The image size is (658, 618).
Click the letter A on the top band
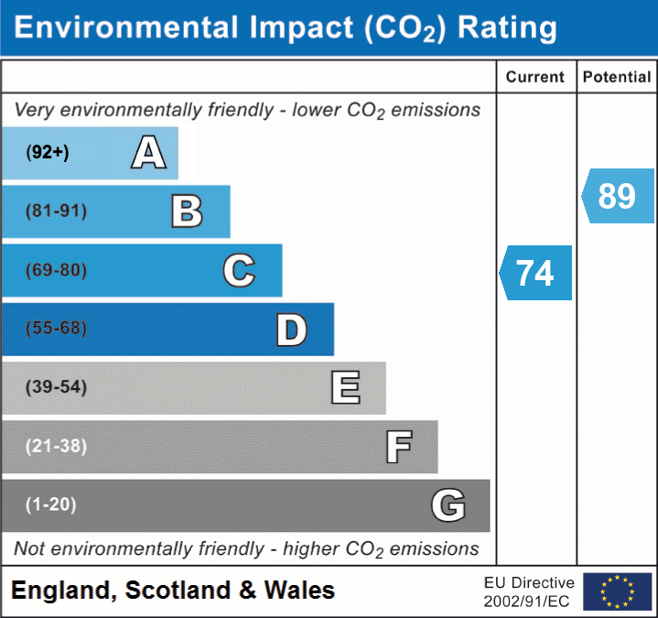[149, 153]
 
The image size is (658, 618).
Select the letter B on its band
[187, 211]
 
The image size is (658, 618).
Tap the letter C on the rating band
[239, 271]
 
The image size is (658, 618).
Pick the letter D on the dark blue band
[291, 330]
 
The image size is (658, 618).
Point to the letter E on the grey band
[345, 388]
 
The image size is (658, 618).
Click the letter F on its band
[398, 448]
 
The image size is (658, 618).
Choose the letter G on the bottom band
[448, 505]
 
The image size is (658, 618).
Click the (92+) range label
[48, 153]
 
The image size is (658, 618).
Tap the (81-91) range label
[57, 211]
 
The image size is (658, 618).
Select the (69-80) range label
[57, 271]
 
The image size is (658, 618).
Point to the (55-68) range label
[57, 329]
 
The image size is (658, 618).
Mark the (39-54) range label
[57, 387]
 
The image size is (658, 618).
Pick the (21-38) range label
[57, 447]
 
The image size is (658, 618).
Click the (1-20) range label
[51, 504]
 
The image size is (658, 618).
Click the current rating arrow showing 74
[536, 273]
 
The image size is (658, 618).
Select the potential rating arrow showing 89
[618, 196]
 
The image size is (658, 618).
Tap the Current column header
[535, 78]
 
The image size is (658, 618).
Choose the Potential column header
[617, 78]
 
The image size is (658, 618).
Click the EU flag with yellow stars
[617, 591]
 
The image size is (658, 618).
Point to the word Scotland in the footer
[178, 591]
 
